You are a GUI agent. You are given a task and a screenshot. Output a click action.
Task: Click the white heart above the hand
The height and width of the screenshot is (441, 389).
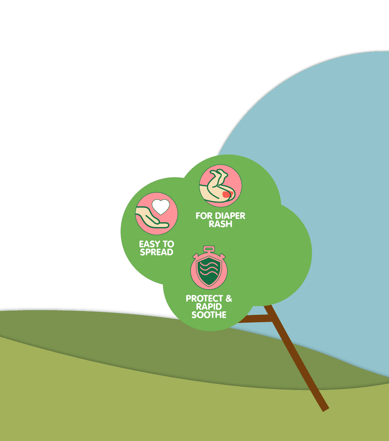click(161, 207)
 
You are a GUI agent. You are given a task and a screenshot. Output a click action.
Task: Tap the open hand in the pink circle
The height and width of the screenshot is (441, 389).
click(151, 219)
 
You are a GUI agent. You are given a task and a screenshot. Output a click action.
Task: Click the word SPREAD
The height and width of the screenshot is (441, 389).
click(156, 252)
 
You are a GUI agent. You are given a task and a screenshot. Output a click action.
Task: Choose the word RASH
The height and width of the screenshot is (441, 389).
click(220, 224)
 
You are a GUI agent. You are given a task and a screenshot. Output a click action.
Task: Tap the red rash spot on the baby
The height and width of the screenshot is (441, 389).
click(227, 194)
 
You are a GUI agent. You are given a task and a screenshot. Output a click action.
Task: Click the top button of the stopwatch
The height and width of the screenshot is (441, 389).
click(209, 248)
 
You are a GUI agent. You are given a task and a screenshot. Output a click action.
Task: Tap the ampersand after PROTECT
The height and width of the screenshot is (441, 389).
click(229, 298)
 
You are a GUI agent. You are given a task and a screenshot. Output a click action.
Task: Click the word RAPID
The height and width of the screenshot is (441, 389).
click(209, 307)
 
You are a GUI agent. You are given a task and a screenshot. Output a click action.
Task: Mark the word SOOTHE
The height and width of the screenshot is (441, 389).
click(209, 315)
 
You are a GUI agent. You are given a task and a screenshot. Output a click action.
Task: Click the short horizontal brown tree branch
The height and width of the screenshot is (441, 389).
click(253, 319)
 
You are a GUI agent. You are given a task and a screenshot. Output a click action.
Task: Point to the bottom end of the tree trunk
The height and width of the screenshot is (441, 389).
click(325, 408)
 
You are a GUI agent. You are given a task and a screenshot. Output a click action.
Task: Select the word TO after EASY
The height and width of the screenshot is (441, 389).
click(168, 244)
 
